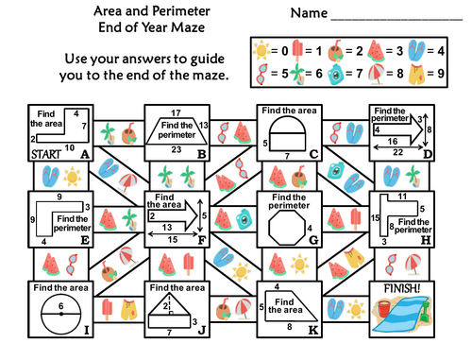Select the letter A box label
click(x=85, y=153)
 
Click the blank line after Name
click(x=396, y=16)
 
